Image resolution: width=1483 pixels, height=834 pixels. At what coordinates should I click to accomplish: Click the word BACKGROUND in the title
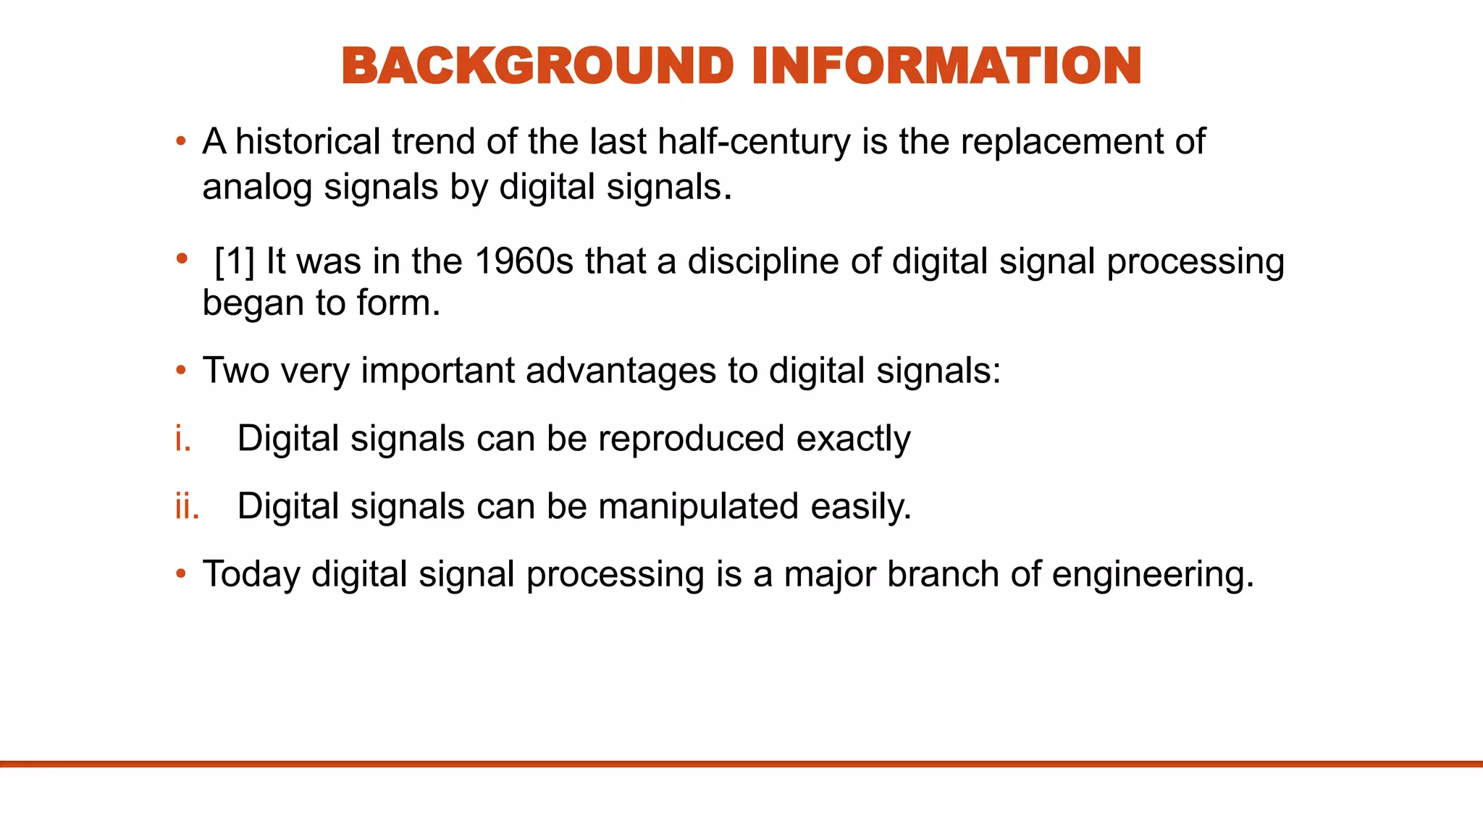pyautogui.click(x=537, y=66)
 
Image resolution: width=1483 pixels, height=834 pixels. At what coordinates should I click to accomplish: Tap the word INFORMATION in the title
pyautogui.click(x=946, y=66)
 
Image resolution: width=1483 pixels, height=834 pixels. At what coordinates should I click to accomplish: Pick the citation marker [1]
pyautogui.click(x=235, y=261)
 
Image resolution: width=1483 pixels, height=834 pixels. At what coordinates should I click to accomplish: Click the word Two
pyautogui.click(x=235, y=371)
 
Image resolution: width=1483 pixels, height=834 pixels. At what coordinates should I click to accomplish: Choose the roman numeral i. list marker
pyautogui.click(x=183, y=439)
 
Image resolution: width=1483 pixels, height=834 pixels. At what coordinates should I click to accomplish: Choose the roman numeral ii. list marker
pyautogui.click(x=187, y=506)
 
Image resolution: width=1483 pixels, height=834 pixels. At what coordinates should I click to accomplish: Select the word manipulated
pyautogui.click(x=698, y=506)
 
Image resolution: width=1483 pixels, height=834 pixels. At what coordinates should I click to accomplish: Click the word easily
pyautogui.click(x=860, y=506)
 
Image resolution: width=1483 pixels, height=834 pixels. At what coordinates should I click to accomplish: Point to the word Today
pyautogui.click(x=251, y=574)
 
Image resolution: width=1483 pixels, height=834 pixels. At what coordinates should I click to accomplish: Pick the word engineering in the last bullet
pyautogui.click(x=1152, y=575)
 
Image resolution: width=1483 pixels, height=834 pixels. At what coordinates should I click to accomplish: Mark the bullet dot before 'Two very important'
pyautogui.click(x=181, y=371)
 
